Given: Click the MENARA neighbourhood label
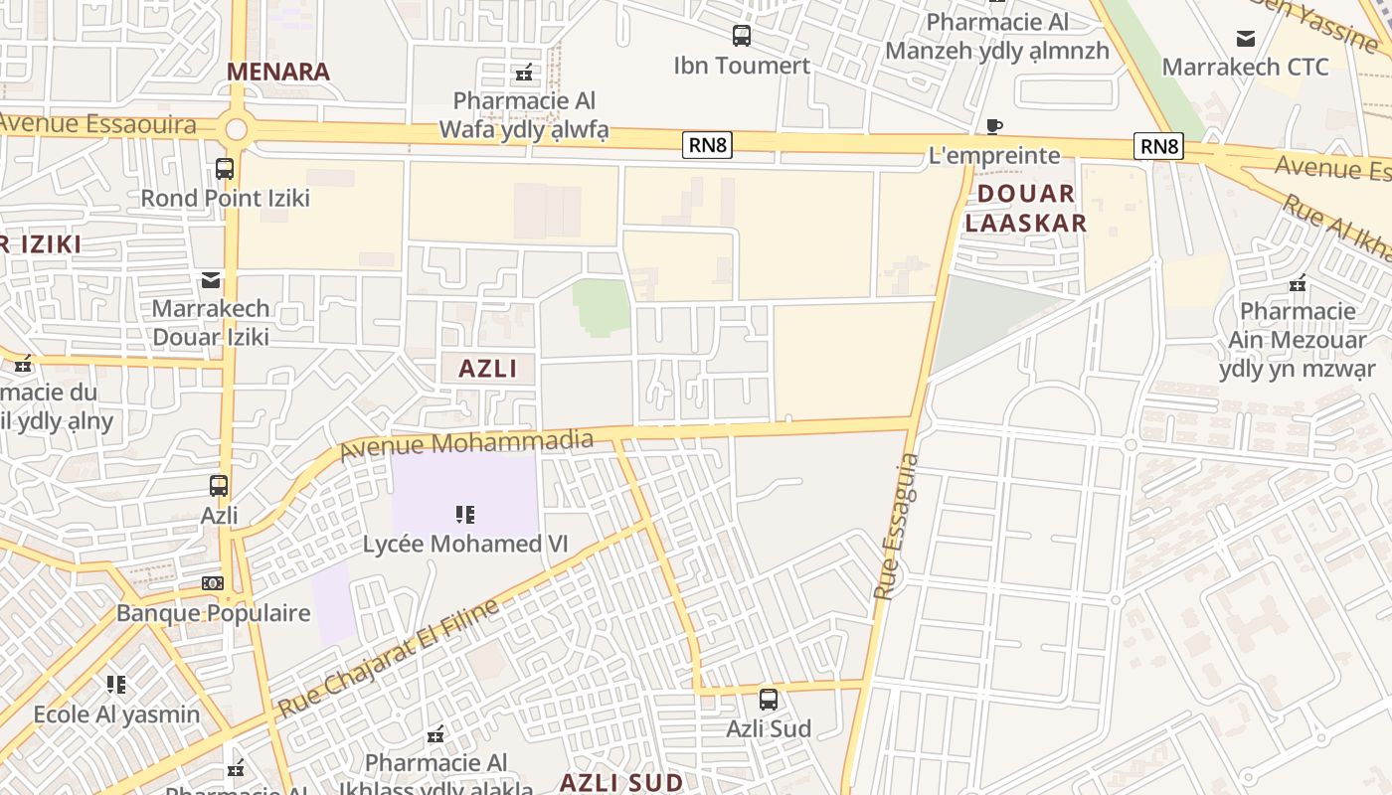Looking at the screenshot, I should (277, 72).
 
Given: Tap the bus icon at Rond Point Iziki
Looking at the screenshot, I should (225, 169).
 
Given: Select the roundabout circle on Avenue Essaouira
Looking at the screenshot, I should (236, 129).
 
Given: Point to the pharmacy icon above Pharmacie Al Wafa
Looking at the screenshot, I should (524, 72).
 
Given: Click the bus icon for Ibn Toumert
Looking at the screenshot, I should (742, 37).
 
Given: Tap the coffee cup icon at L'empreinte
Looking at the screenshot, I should (993, 126).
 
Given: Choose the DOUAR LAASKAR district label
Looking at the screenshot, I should (1025, 208).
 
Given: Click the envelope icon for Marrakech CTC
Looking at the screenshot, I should (1245, 39).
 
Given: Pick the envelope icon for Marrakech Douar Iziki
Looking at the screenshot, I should (211, 279).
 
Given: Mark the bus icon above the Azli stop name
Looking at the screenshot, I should (219, 486).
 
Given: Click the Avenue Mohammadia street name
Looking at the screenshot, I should (466, 444).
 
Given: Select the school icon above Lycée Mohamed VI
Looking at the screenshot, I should (464, 514).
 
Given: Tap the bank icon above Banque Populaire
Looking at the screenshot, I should (213, 583).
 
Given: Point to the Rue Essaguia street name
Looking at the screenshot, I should (896, 527).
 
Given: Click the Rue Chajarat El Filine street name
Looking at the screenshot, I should (388, 658).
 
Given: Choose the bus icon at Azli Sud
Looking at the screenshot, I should (769, 699).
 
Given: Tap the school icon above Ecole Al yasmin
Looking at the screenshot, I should (116, 685).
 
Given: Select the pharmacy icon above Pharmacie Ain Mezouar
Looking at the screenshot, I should (1298, 283).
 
